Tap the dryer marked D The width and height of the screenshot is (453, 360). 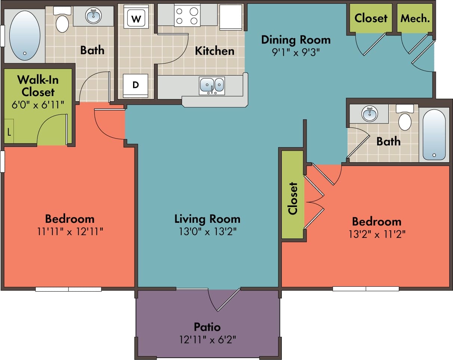(135, 85)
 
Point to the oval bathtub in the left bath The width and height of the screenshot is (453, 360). (25, 36)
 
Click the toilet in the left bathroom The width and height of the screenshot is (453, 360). (62, 22)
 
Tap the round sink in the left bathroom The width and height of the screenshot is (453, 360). (93, 16)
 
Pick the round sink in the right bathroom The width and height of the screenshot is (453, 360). (370, 113)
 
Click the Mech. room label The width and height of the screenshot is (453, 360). (415, 18)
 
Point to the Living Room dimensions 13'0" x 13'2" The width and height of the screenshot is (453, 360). (207, 231)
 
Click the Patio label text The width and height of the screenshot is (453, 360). (207, 327)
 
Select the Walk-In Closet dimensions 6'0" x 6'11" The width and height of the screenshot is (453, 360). (38, 104)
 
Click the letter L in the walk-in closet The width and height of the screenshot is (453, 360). (9, 132)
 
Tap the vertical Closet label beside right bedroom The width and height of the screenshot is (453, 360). (293, 198)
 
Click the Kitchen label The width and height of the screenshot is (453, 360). (215, 51)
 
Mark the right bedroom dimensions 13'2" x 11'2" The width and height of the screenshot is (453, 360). (377, 234)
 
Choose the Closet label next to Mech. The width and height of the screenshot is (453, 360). (371, 18)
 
